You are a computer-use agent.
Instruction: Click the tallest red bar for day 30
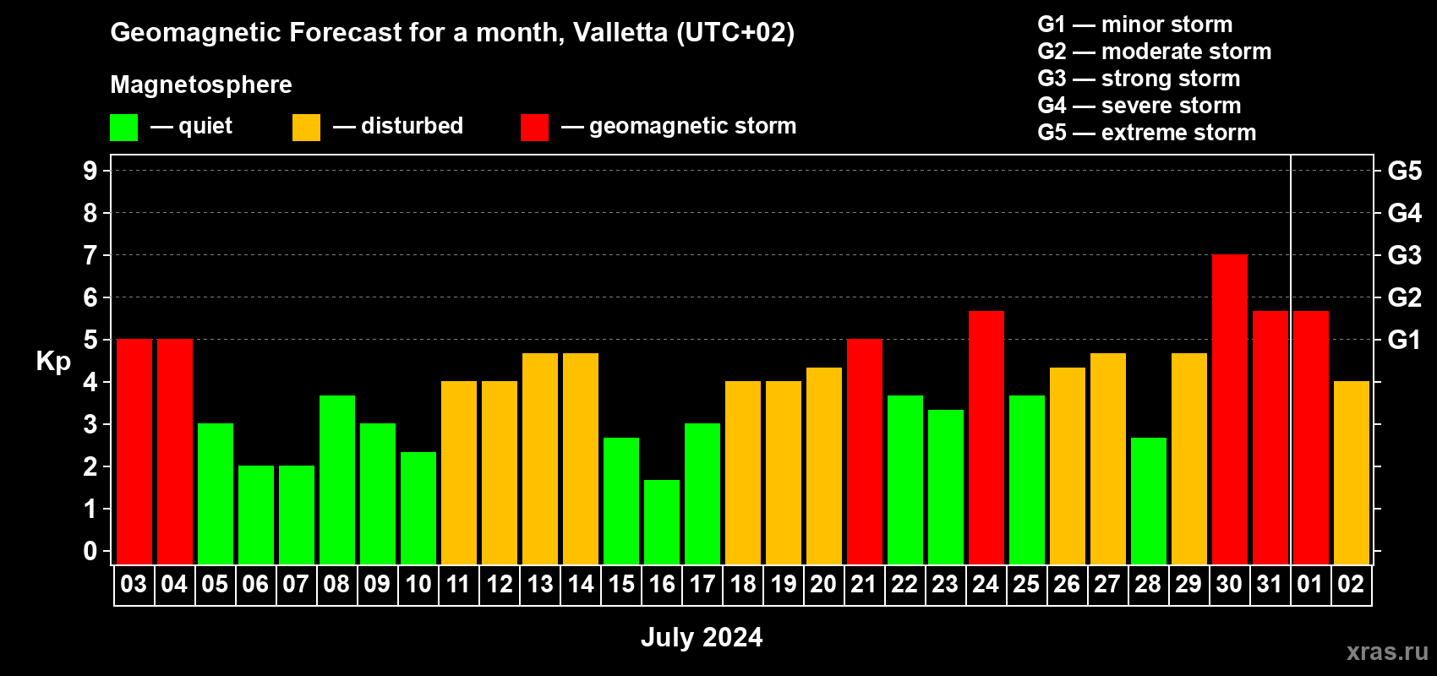point(1229,409)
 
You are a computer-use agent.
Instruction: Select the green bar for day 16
point(662,521)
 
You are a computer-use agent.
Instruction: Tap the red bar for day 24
point(986,437)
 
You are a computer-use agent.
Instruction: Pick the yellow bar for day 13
point(540,458)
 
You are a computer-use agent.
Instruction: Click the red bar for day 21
point(864,451)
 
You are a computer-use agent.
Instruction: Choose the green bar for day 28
point(1148,500)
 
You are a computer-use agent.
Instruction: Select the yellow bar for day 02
point(1351,472)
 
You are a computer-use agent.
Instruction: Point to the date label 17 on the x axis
point(702,584)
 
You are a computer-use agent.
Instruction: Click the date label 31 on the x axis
point(1270,584)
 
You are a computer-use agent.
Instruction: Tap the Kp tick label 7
point(90,255)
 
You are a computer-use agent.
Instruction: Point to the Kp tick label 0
point(90,551)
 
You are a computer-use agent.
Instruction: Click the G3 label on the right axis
point(1404,255)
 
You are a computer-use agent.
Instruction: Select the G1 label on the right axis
point(1404,340)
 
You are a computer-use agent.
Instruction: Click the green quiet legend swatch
point(124,128)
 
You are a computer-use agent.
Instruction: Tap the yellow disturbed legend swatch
point(306,128)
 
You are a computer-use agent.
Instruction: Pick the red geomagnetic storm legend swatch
point(534,128)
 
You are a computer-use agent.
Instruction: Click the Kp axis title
point(53,362)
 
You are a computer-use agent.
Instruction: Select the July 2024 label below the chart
point(702,637)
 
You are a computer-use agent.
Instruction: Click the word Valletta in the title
point(620,32)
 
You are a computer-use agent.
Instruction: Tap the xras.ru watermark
point(1387,651)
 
